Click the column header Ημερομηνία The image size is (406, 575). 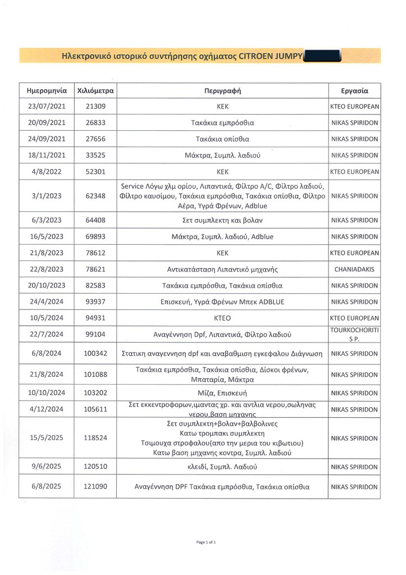point(47,90)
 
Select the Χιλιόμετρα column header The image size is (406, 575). point(95,90)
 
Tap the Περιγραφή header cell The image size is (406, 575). point(222,90)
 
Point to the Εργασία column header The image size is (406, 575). point(354,90)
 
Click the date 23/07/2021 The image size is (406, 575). point(47,106)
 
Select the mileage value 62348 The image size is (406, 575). point(95,196)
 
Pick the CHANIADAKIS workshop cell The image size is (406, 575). point(354,270)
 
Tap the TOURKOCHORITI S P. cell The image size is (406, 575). point(354,334)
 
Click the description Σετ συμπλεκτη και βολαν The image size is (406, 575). point(222,220)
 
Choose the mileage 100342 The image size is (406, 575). point(95,354)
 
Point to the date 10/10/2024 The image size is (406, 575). point(47,393)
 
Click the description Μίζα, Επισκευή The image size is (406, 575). point(222,393)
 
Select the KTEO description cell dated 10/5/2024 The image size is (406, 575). point(222,318)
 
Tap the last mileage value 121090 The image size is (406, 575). point(95,487)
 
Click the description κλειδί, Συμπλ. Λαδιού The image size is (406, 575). point(222,466)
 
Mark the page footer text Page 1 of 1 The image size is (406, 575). point(206,542)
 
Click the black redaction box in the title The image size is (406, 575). point(321,56)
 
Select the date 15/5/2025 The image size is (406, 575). point(47,437)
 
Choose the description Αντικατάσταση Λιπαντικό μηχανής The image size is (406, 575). point(222,270)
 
